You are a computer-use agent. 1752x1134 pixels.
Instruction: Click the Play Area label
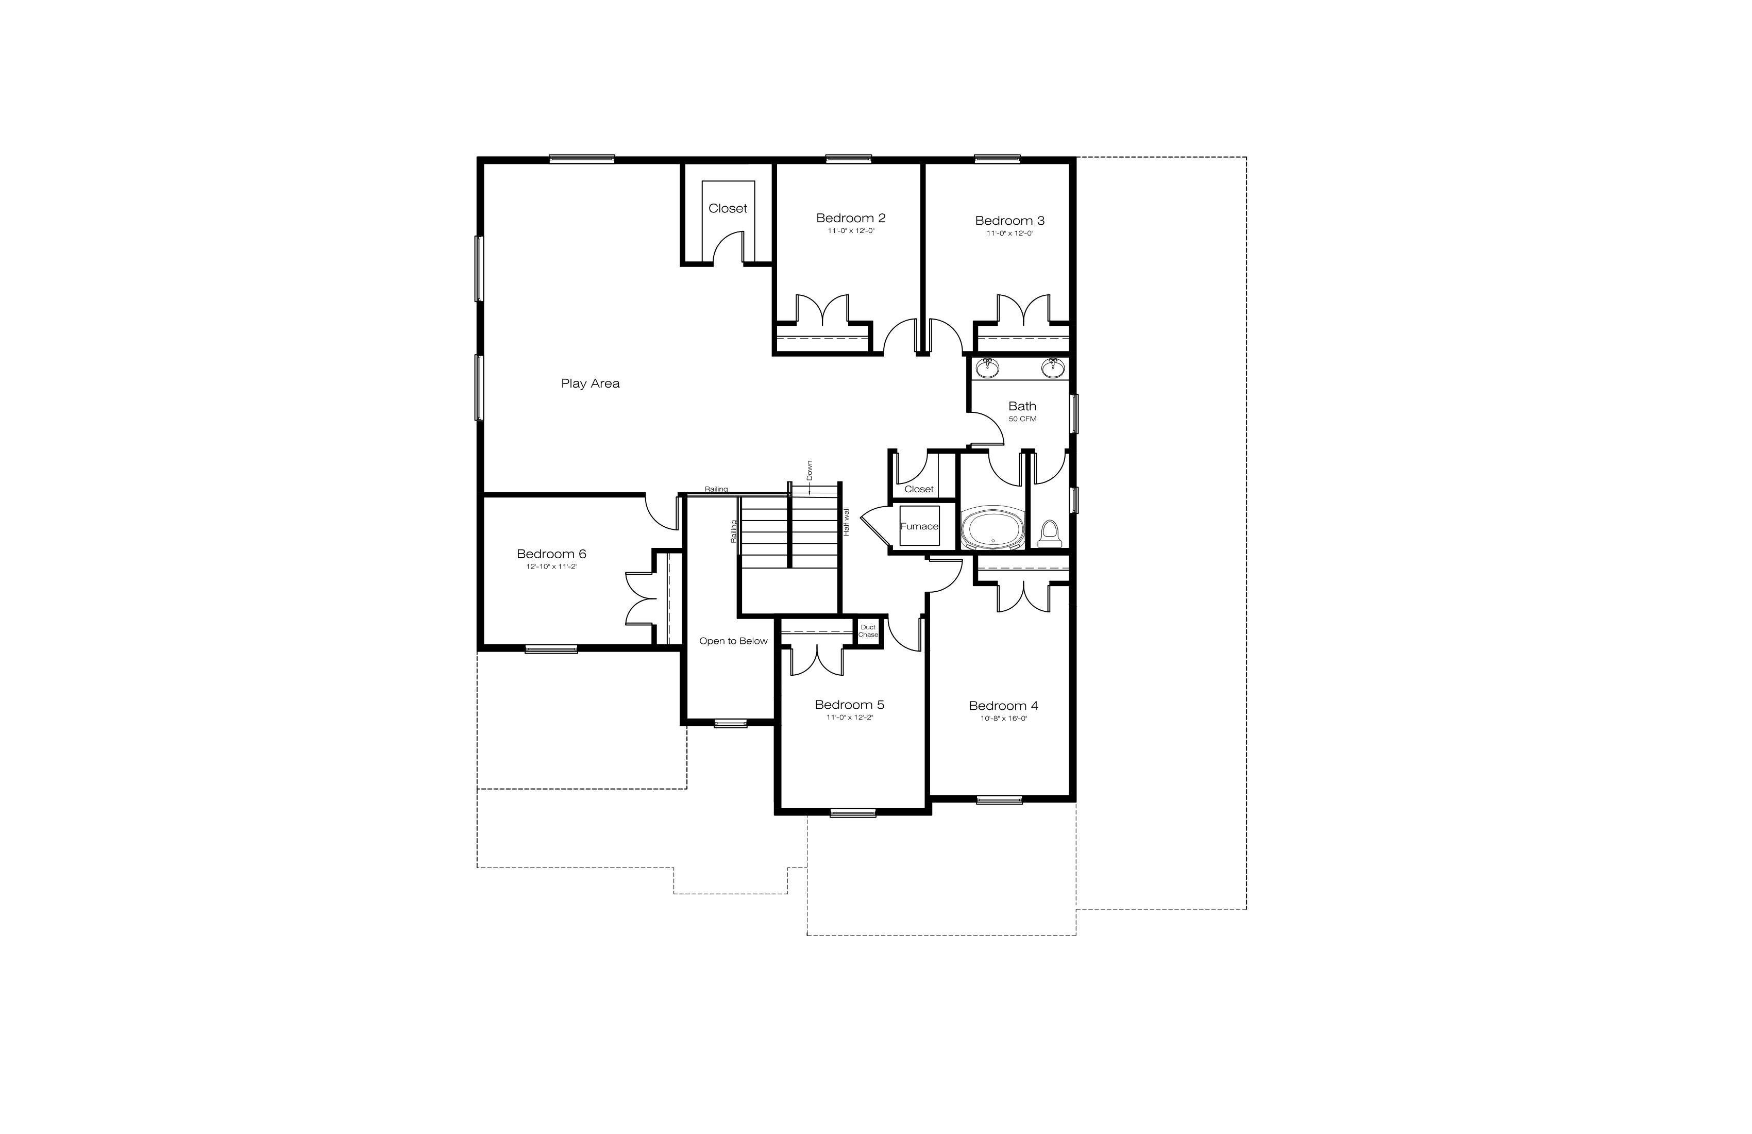pyautogui.click(x=591, y=383)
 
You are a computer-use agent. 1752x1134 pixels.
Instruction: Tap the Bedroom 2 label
pyautogui.click(x=851, y=218)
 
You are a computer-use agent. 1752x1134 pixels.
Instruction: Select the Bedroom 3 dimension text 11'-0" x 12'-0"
pyautogui.click(x=1010, y=234)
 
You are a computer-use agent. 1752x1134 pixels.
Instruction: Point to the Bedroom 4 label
pyautogui.click(x=1003, y=706)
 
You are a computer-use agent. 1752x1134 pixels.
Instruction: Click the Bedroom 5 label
pyautogui.click(x=850, y=705)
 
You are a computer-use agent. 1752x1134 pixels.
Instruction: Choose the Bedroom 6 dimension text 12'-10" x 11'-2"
pyautogui.click(x=551, y=567)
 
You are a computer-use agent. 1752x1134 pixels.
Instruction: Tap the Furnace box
pyautogui.click(x=919, y=526)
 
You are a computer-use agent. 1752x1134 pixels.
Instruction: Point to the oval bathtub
pyautogui.click(x=993, y=528)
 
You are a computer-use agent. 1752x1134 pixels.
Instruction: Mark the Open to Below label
pyautogui.click(x=733, y=641)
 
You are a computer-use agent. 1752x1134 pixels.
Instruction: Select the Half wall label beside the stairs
pyautogui.click(x=847, y=521)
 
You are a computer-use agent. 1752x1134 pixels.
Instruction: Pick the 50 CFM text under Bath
pyautogui.click(x=1022, y=419)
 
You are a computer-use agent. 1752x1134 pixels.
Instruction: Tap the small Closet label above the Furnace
pyautogui.click(x=919, y=489)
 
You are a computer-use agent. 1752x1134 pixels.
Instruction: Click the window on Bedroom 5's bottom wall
pyautogui.click(x=853, y=813)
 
